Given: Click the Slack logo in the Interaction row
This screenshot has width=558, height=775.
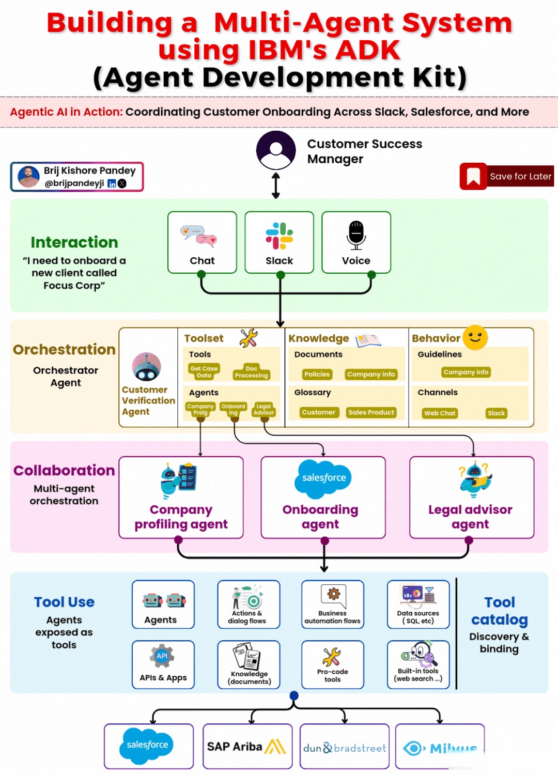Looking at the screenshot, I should click(x=279, y=236).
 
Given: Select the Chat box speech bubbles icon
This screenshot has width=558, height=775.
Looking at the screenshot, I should click(x=199, y=235).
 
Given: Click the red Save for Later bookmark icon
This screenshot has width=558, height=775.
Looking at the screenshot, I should click(x=473, y=176).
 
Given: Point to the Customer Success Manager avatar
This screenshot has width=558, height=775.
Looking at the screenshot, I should click(x=276, y=150).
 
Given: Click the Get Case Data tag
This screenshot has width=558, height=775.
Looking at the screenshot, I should click(x=204, y=371).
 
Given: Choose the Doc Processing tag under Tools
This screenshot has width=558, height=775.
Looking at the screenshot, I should click(x=251, y=372).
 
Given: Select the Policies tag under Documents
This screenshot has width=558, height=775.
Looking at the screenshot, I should click(x=317, y=374).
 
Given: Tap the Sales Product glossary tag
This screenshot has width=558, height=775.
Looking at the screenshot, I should click(x=371, y=412).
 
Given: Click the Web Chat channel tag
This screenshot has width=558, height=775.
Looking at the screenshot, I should click(x=440, y=413).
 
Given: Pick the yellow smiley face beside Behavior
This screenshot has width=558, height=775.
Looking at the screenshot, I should click(x=475, y=337).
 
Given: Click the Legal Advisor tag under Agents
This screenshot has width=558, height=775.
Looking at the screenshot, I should click(x=263, y=409).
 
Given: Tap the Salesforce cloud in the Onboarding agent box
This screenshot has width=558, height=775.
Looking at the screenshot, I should click(x=324, y=478).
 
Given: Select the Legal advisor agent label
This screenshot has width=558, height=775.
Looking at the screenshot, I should click(x=470, y=517).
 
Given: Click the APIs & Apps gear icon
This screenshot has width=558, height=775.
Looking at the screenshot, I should click(x=162, y=656).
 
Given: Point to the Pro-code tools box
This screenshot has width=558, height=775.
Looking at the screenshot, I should click(x=333, y=664).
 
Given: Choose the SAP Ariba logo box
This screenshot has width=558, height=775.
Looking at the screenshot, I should click(x=247, y=746).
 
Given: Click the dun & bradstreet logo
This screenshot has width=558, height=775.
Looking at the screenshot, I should click(x=344, y=748).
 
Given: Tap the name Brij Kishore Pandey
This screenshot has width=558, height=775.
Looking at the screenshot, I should click(x=89, y=171).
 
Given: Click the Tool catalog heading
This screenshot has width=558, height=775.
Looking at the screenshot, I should click(x=499, y=611).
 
